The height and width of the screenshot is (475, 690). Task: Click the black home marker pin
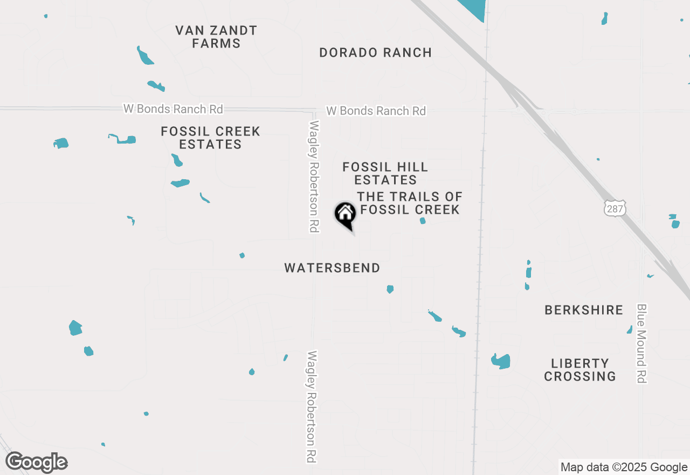click(x=346, y=214)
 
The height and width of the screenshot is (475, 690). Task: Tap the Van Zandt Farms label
click(x=216, y=37)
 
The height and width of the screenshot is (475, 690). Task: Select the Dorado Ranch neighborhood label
click(x=375, y=53)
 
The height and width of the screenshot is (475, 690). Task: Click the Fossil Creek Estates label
click(x=211, y=138)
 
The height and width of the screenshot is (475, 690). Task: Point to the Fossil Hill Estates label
click(x=385, y=173)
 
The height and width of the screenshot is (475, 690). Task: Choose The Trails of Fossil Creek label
click(x=410, y=203)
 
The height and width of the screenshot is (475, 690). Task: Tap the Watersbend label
click(x=332, y=268)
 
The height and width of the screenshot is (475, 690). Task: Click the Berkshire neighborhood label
click(x=584, y=310)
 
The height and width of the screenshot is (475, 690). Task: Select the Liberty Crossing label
click(x=580, y=370)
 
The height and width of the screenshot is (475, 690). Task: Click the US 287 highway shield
click(x=615, y=208)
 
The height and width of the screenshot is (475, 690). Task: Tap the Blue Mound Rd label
click(x=641, y=343)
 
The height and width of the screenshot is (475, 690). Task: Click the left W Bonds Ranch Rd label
click(x=173, y=109)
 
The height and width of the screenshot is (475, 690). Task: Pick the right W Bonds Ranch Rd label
click(x=376, y=111)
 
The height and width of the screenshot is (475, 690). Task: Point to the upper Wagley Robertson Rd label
click(x=314, y=177)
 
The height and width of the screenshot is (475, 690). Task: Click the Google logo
click(x=37, y=463)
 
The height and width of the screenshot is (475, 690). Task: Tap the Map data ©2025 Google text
click(x=624, y=467)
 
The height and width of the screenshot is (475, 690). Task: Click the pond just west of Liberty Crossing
click(x=501, y=361)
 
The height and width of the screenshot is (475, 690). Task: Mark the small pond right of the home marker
click(x=423, y=221)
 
